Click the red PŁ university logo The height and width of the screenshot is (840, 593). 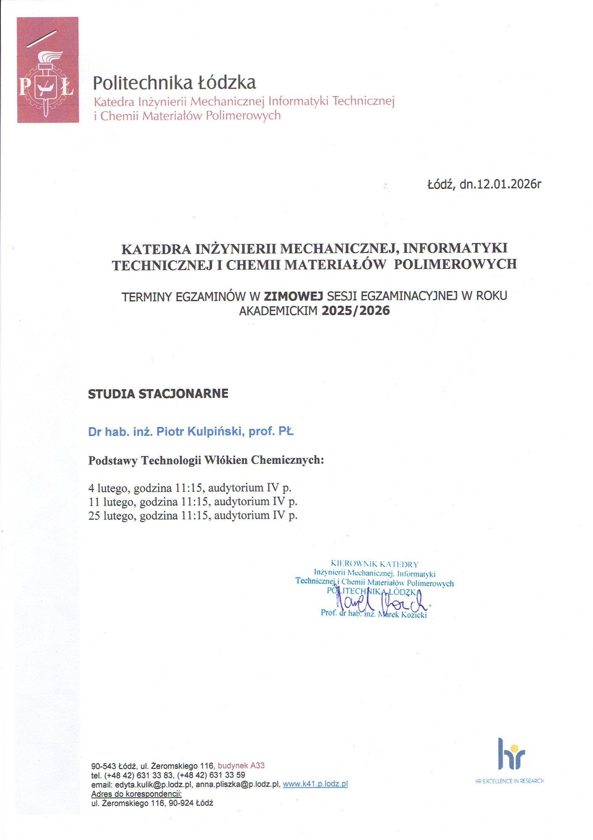48,70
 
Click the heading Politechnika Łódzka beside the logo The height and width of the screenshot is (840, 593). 174,83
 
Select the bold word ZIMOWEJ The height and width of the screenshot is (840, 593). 293,296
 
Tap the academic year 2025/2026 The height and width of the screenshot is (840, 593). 355,311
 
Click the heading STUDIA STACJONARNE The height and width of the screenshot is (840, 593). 158,394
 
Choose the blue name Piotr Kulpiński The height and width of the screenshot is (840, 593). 200,432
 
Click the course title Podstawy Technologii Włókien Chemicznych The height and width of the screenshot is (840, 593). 206,460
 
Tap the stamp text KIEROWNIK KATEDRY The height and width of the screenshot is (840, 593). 374,564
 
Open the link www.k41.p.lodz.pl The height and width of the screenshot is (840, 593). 315,784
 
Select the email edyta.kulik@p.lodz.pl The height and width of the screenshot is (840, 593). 154,784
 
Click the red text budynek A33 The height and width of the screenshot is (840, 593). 241,765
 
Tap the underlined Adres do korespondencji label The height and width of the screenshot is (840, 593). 136,793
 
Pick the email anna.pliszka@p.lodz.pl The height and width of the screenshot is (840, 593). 238,784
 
